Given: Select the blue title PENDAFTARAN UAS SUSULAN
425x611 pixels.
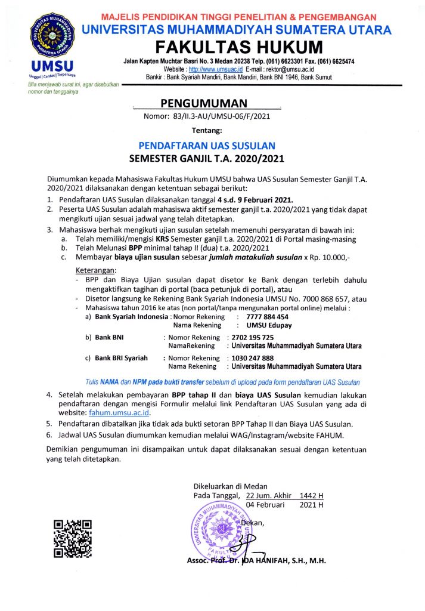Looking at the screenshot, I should pos(207,145).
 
